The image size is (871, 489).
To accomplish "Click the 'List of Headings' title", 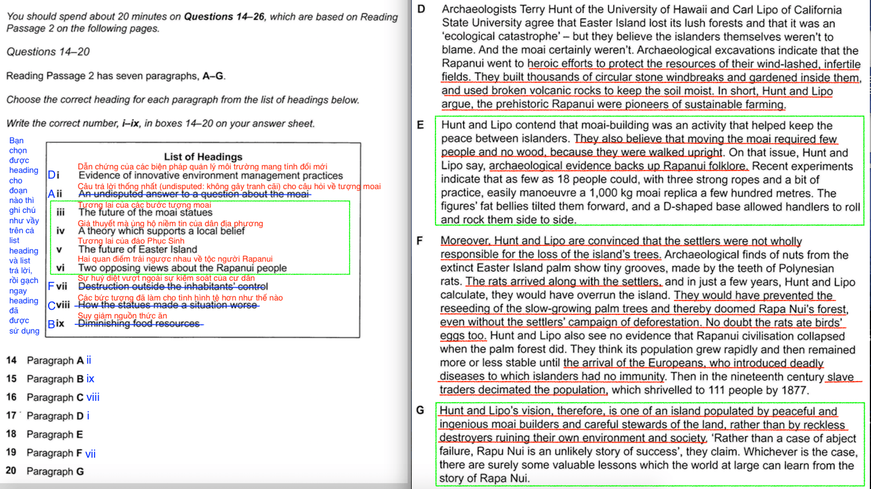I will pyautogui.click(x=203, y=157).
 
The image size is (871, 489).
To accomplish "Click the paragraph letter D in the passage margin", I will pyautogui.click(x=421, y=9).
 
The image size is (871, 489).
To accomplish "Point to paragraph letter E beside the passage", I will pyautogui.click(x=420, y=125).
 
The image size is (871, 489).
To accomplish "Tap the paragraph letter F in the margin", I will pyautogui.click(x=420, y=240).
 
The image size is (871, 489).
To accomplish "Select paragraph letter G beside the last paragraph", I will pyautogui.click(x=420, y=410).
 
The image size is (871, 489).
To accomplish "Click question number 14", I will pyautogui.click(x=12, y=360).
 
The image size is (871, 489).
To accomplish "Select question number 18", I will pyautogui.click(x=12, y=434).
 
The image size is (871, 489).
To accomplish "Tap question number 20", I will pyautogui.click(x=12, y=470).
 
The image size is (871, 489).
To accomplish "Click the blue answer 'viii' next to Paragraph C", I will pyautogui.click(x=93, y=397).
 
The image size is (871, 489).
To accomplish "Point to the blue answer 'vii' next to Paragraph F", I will pyautogui.click(x=90, y=454).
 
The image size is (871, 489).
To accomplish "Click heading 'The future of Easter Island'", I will pyautogui.click(x=138, y=249).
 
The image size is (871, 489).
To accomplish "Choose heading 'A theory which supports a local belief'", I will pyautogui.click(x=162, y=231).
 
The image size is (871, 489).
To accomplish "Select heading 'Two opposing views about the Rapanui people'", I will pyautogui.click(x=183, y=268).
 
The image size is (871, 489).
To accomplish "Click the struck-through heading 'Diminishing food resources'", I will pyautogui.click(x=139, y=324).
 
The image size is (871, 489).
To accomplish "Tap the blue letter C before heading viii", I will pyautogui.click(x=52, y=306).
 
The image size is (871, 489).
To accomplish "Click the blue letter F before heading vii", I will pyautogui.click(x=51, y=287).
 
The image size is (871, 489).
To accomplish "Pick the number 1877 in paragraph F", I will pyautogui.click(x=793, y=390).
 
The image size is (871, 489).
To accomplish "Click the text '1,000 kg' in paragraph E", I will pyautogui.click(x=609, y=193).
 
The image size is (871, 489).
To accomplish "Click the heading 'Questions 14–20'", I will pyautogui.click(x=48, y=52).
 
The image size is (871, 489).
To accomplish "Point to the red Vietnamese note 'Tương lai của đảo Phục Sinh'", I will pyautogui.click(x=131, y=241).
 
